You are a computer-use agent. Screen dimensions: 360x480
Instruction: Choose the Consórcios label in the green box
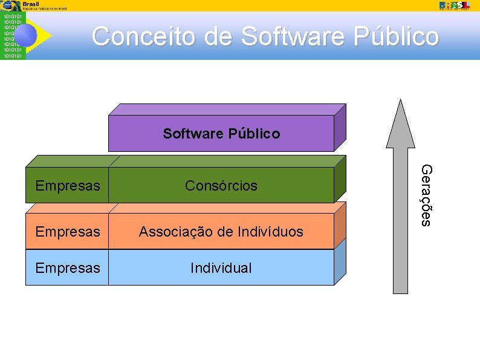221,186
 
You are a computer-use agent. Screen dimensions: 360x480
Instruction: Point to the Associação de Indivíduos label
221,232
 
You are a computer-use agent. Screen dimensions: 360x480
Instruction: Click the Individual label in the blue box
221,268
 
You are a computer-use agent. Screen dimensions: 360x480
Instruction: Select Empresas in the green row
67,186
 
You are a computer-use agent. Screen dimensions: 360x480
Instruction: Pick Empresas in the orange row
67,232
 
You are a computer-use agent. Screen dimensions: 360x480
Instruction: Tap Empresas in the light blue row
67,268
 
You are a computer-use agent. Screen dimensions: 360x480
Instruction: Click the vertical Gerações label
426,195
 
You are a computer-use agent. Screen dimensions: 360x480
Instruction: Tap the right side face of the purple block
340,127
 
